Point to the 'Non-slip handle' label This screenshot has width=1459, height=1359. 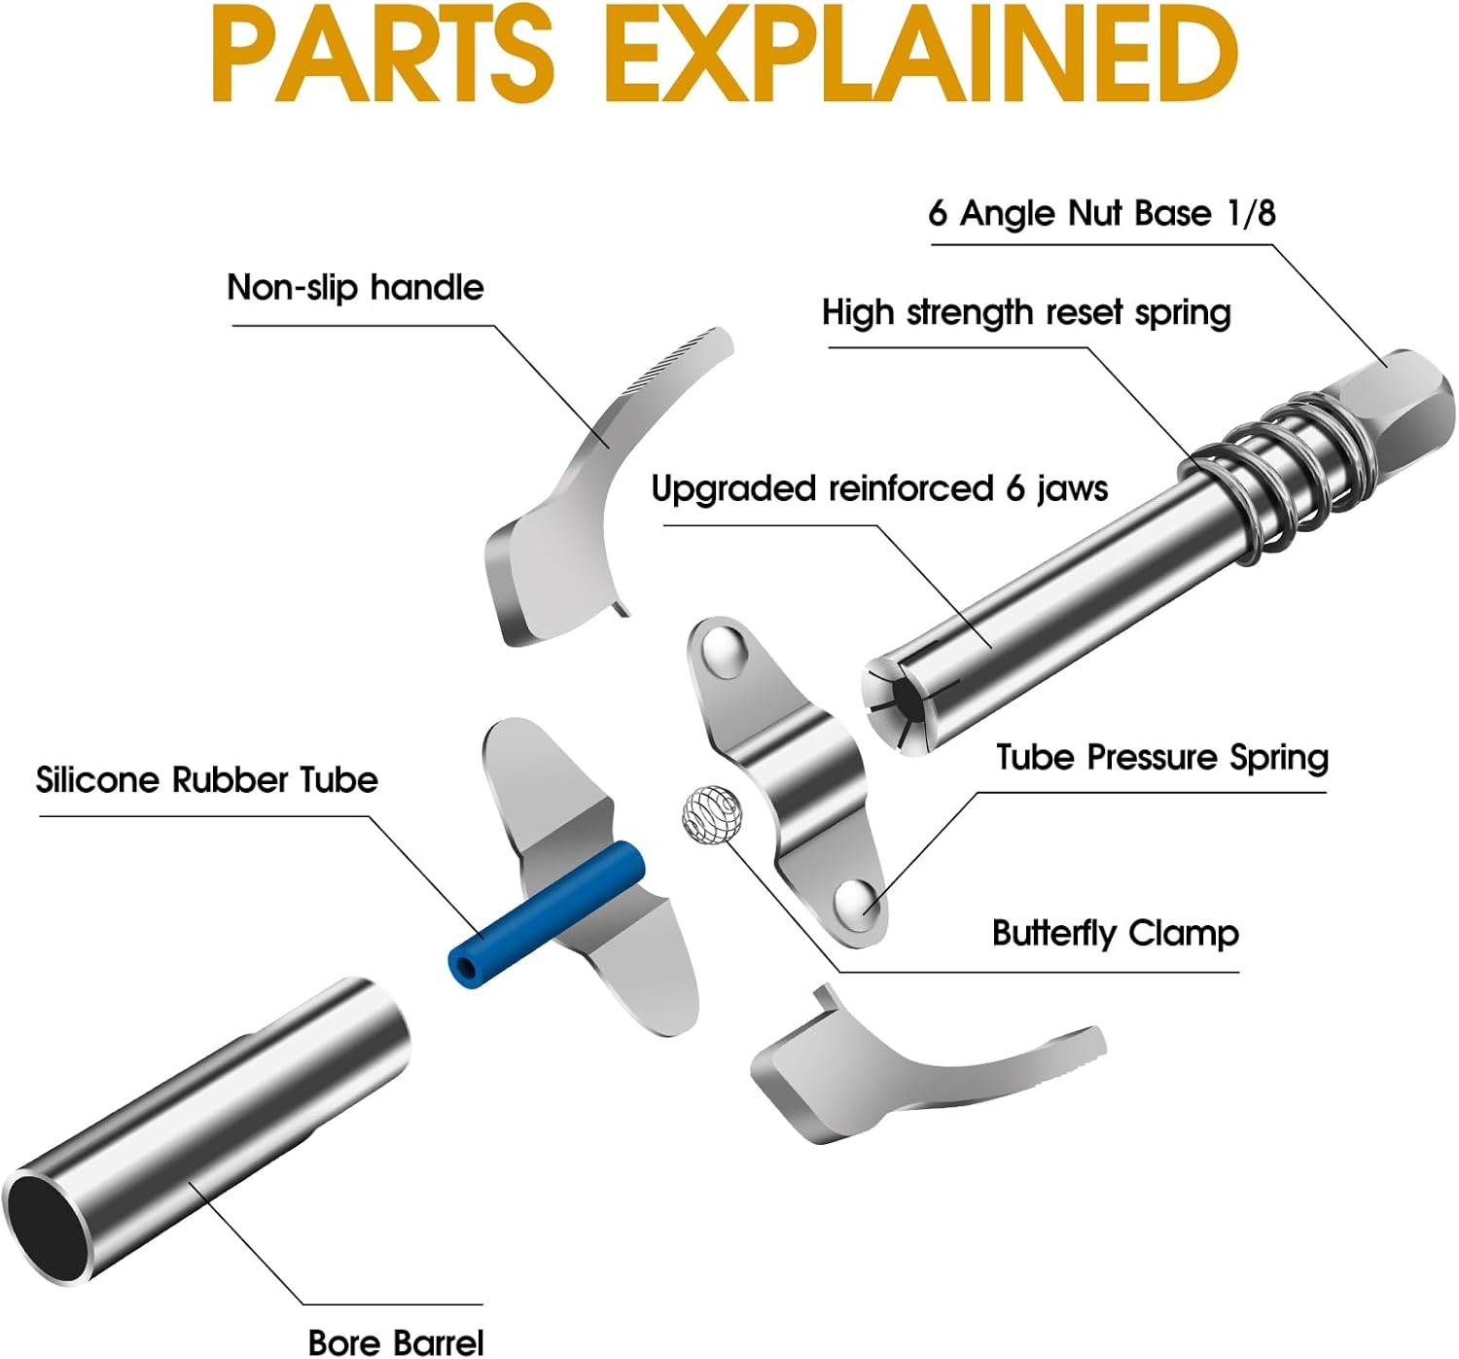[355, 287]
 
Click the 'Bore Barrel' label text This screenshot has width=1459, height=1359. [395, 1341]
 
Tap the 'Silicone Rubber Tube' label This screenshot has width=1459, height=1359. [207, 779]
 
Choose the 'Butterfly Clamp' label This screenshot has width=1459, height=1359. [1115, 933]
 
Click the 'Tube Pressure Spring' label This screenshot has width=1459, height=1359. [1161, 757]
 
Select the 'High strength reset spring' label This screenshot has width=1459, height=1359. [1026, 312]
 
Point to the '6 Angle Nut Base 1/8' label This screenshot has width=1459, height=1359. [1101, 212]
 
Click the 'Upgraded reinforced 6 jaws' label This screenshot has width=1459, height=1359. [879, 487]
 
